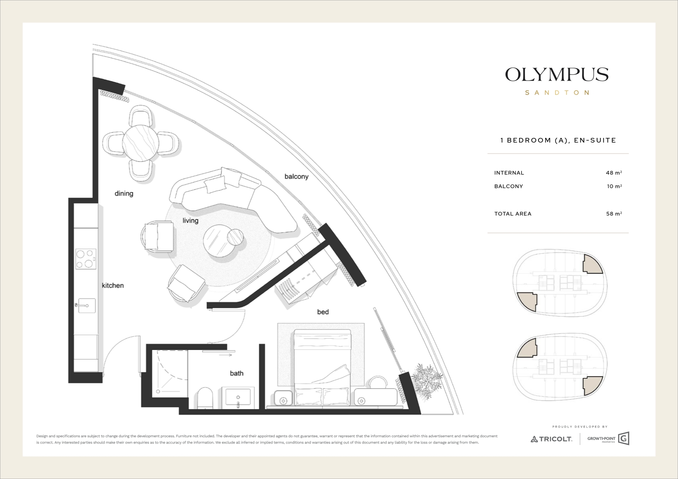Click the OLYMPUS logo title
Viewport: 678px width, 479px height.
(557, 75)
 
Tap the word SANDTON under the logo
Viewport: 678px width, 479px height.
(557, 93)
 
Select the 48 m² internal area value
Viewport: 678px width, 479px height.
(614, 173)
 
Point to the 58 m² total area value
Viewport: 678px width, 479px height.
(614, 214)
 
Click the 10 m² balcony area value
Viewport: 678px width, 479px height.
(614, 186)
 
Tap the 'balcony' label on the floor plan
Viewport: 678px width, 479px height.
(296, 177)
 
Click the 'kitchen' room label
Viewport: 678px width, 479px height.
(113, 285)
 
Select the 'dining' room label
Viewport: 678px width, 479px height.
(124, 194)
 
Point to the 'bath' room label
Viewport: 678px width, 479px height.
(237, 373)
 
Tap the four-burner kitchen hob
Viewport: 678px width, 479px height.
(86, 259)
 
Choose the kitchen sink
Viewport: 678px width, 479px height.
(85, 306)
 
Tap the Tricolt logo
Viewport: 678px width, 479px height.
(551, 439)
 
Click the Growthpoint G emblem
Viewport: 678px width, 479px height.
(623, 438)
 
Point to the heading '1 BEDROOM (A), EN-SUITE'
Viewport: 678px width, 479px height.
(558, 140)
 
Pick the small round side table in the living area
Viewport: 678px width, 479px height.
(235, 237)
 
